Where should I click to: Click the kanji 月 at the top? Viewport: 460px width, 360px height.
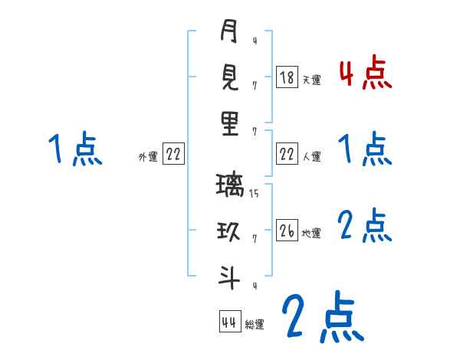pos(229,31)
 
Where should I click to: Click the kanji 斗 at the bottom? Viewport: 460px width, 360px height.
pos(229,278)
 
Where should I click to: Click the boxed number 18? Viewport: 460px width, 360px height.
pos(287,77)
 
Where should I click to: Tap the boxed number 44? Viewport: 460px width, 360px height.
pos(228,322)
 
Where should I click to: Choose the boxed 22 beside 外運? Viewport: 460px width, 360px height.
pos(174,155)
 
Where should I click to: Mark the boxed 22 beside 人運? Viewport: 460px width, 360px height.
pos(287,155)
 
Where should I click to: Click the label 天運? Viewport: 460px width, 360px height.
pos(311,80)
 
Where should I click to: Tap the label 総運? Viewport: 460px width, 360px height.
pos(254,324)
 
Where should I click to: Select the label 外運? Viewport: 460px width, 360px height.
pos(147,157)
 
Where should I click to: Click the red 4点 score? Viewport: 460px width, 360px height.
pos(365,73)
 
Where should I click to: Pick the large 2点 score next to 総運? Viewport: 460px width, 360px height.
pos(321,316)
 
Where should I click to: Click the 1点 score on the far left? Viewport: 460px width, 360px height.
pos(75,149)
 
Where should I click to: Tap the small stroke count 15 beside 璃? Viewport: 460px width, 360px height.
pos(254,194)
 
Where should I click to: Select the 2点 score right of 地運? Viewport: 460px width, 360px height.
pos(365,227)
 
